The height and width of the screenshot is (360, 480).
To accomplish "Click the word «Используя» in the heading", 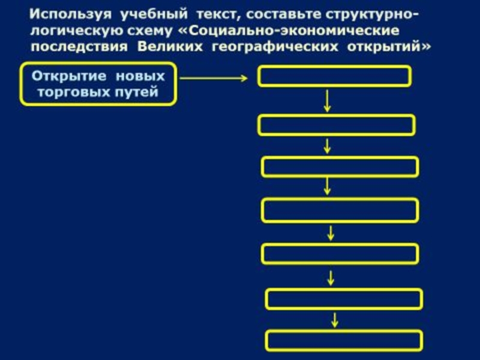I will [64, 13].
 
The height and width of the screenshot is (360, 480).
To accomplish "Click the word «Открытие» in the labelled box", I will [64, 77].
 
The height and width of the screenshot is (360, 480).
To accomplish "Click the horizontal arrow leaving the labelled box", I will [213, 77].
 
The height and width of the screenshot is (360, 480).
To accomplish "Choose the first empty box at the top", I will [334, 76].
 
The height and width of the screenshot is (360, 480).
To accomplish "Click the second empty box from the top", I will [336, 125].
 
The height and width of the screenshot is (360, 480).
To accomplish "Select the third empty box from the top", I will [340, 166].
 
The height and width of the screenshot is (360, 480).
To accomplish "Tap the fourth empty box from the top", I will [340, 210].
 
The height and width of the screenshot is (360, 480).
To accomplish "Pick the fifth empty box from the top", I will [340, 254].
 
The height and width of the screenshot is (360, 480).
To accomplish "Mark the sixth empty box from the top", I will [344, 298].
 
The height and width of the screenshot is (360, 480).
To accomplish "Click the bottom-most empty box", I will [344, 340].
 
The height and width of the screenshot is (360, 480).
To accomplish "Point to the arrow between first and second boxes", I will [327, 101].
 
